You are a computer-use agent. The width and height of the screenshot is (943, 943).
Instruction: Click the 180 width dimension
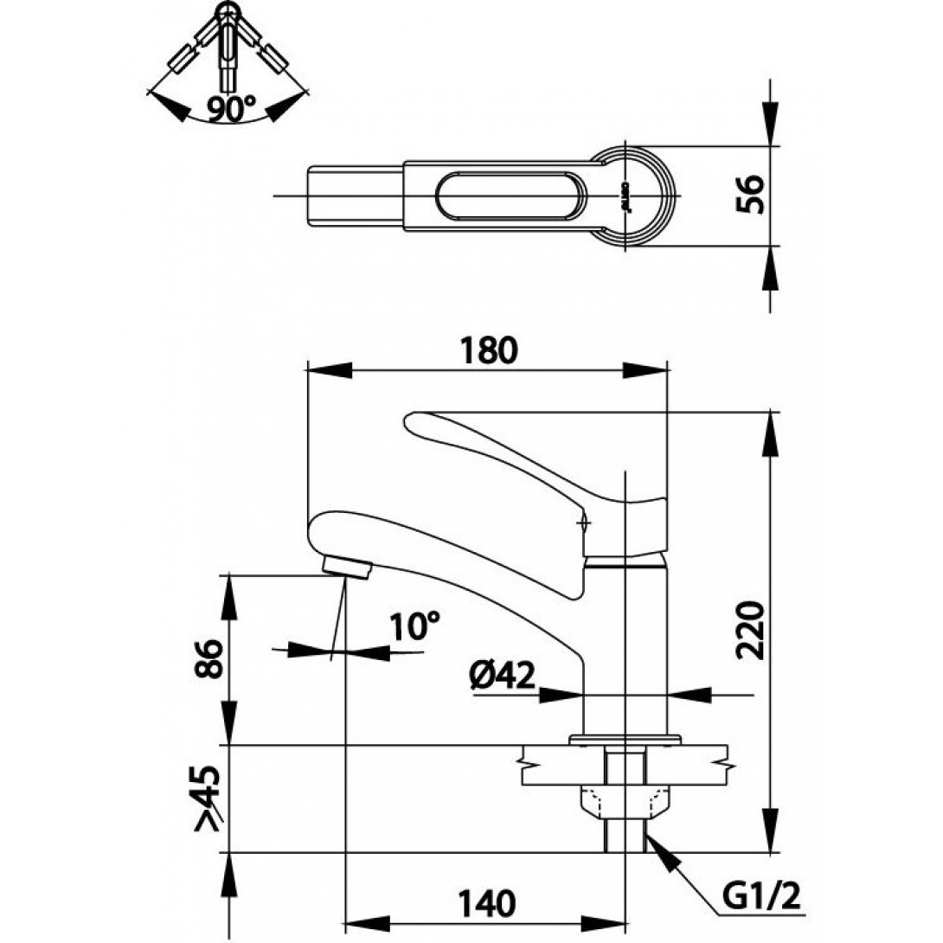[489, 350]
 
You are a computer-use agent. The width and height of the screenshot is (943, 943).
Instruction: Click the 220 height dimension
[752, 628]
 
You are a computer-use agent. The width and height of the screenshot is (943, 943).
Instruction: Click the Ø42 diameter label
[504, 676]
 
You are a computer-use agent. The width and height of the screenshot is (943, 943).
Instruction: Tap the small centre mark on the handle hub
[584, 522]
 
